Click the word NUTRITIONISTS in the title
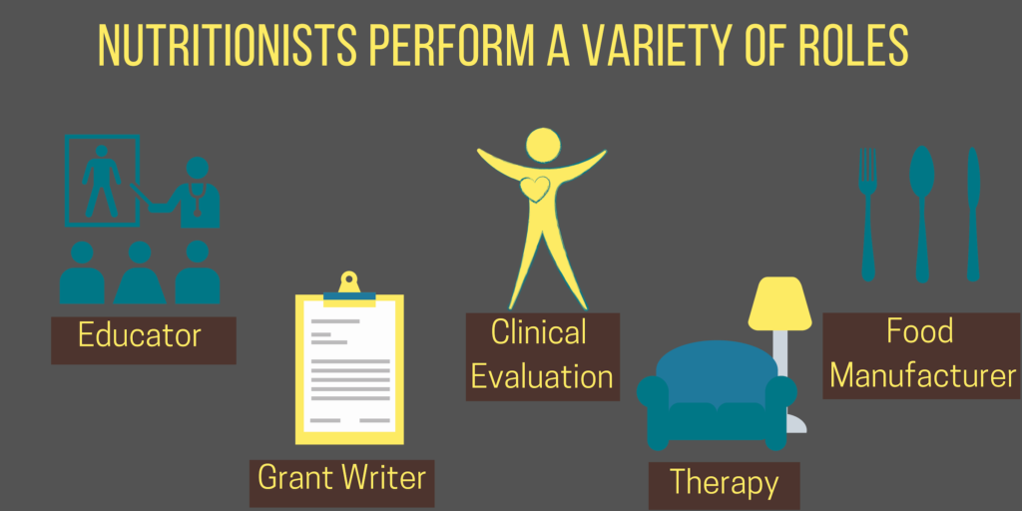tap(227, 46)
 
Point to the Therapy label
tap(725, 483)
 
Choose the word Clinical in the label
tap(538, 331)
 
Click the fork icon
tap(867, 215)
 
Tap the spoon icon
tap(921, 214)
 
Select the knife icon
tap(973, 215)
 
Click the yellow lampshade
tap(779, 303)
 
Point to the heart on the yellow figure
tap(535, 189)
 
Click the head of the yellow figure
tap(543, 145)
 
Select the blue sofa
tap(717, 395)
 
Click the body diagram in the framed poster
tap(101, 180)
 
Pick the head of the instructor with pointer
tap(197, 168)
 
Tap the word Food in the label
tap(919, 331)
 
